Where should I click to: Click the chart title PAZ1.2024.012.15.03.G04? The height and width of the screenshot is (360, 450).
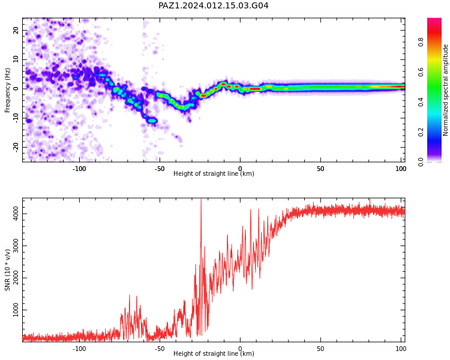pos(213,5)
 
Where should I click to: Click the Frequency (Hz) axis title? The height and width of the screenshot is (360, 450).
pos(7,91)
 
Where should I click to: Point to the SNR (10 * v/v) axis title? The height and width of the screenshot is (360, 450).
pos(7,270)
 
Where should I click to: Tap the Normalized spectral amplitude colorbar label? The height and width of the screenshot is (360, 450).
pos(445,90)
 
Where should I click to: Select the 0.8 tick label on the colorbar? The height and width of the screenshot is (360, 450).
pos(421,42)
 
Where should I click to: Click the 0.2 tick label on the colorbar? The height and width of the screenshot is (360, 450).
pos(421,132)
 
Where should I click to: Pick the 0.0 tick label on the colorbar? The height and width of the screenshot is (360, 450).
pos(421,162)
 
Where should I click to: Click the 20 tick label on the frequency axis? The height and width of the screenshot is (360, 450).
pos(16,30)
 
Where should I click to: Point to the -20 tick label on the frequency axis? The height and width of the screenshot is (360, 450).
pos(16,148)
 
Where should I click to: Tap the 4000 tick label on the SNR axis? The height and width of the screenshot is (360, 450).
pos(16,214)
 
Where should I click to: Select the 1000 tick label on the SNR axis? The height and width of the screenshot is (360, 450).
pos(16,310)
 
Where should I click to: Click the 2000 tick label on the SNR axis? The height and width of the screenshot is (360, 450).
pos(16,278)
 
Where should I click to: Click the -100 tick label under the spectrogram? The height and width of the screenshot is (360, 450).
pos(79,169)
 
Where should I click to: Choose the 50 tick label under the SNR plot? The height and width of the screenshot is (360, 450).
pos(320,349)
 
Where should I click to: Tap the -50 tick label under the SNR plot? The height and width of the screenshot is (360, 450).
pos(160,349)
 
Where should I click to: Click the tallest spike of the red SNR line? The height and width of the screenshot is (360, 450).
pos(201,199)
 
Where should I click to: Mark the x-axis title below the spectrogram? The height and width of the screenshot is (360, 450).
pos(214,173)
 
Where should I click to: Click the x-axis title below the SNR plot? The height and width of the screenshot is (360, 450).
pos(214,353)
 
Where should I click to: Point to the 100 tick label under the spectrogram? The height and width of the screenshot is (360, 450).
pos(401,169)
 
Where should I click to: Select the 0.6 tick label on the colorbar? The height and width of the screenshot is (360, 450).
pos(421,72)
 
